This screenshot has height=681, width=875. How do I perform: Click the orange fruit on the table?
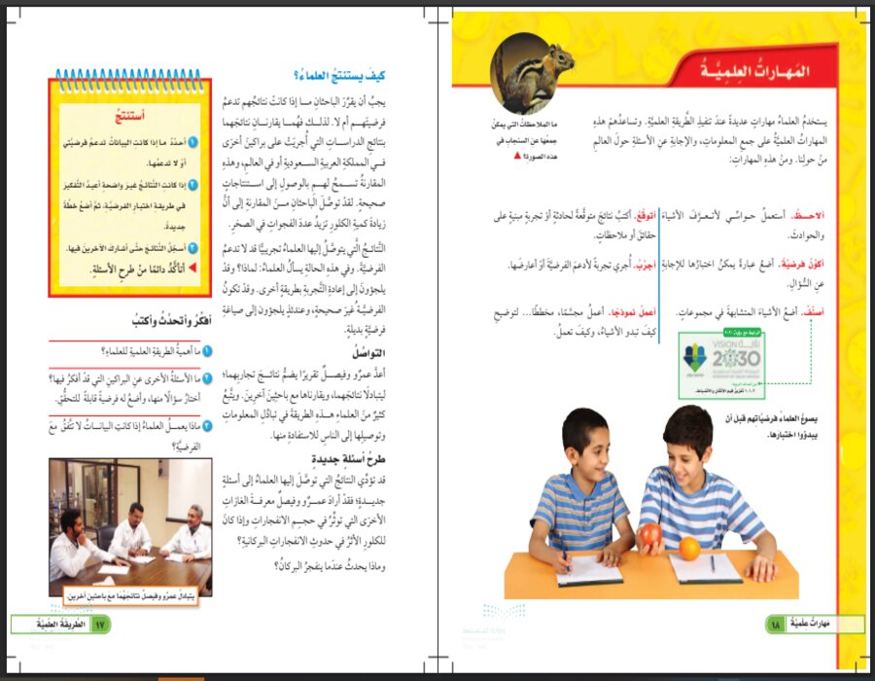[688, 548]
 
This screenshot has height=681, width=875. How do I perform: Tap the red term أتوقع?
[643, 213]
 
